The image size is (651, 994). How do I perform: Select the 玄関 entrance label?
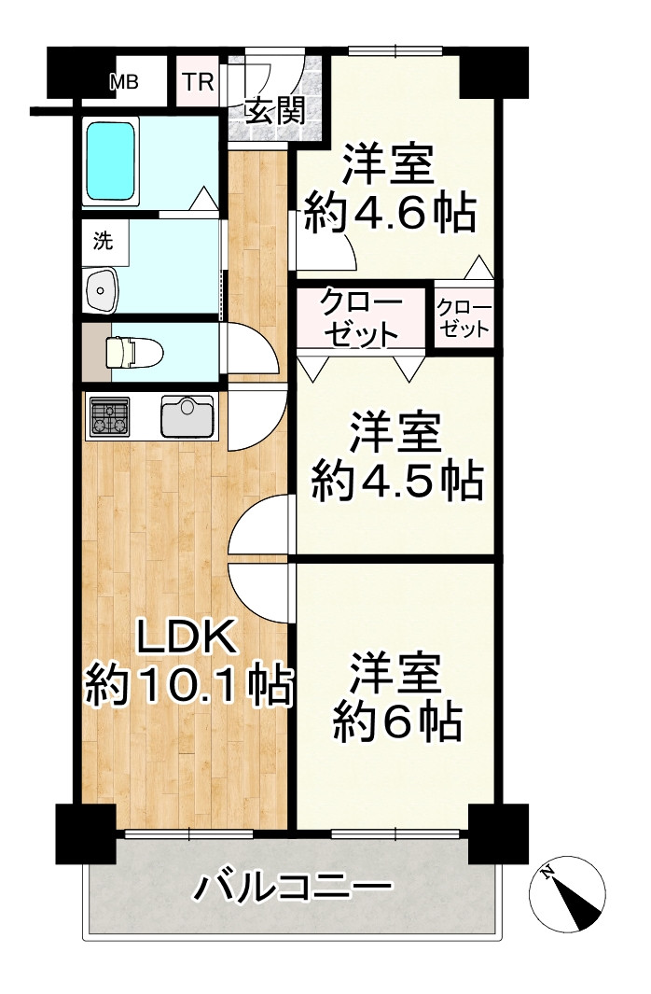pyautogui.click(x=274, y=112)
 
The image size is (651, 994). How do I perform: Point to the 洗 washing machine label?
pyautogui.click(x=102, y=241)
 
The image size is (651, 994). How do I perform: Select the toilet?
pyautogui.click(x=133, y=352)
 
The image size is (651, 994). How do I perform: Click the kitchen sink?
pyautogui.click(x=188, y=415)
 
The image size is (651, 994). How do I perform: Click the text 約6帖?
pyautogui.click(x=396, y=719)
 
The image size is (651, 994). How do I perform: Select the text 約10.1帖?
pyautogui.click(x=187, y=688)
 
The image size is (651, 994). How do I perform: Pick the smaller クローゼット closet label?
pyautogui.click(x=464, y=318)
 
